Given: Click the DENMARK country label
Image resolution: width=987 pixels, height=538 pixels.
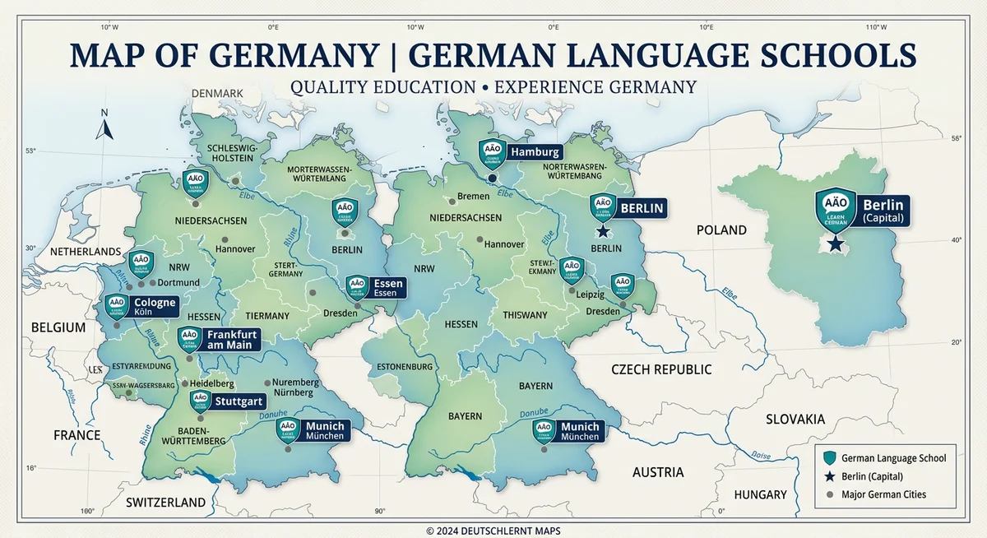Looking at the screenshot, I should [217, 94].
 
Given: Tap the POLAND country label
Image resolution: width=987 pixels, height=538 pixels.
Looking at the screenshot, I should [721, 230].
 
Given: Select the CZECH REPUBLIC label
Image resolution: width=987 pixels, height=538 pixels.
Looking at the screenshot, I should [661, 369].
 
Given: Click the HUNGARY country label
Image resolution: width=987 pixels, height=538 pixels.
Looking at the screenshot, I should [760, 494].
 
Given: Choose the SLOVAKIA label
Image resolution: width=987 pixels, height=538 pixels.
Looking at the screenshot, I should [795, 419].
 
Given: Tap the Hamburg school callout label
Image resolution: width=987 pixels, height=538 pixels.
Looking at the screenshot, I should [534, 152].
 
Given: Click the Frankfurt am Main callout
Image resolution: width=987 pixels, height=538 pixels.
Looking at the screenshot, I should [230, 339].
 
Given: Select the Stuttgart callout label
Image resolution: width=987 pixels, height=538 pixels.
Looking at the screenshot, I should [238, 402].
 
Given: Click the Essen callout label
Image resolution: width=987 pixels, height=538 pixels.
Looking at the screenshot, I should [387, 287].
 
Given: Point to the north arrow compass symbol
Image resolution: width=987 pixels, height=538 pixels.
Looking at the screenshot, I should [104, 127].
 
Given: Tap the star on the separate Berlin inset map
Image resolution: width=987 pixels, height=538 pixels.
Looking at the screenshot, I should [835, 243].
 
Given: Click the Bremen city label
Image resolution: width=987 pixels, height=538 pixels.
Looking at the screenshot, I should [473, 197].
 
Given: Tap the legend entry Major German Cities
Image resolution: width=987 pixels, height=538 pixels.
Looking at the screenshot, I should [884, 494].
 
